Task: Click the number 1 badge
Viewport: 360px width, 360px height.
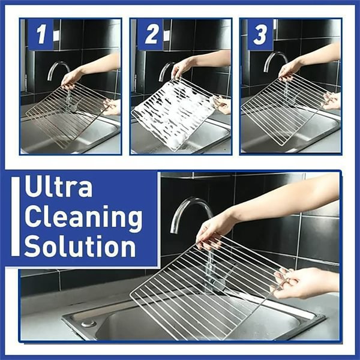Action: coord(40,35)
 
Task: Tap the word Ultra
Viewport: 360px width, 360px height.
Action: coord(59,187)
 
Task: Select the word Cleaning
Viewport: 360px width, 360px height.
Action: coord(83,217)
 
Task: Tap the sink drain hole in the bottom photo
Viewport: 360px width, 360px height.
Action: coord(89,323)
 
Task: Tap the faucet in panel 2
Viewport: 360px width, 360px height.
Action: coord(165,69)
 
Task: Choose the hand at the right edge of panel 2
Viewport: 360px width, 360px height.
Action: coord(223,105)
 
